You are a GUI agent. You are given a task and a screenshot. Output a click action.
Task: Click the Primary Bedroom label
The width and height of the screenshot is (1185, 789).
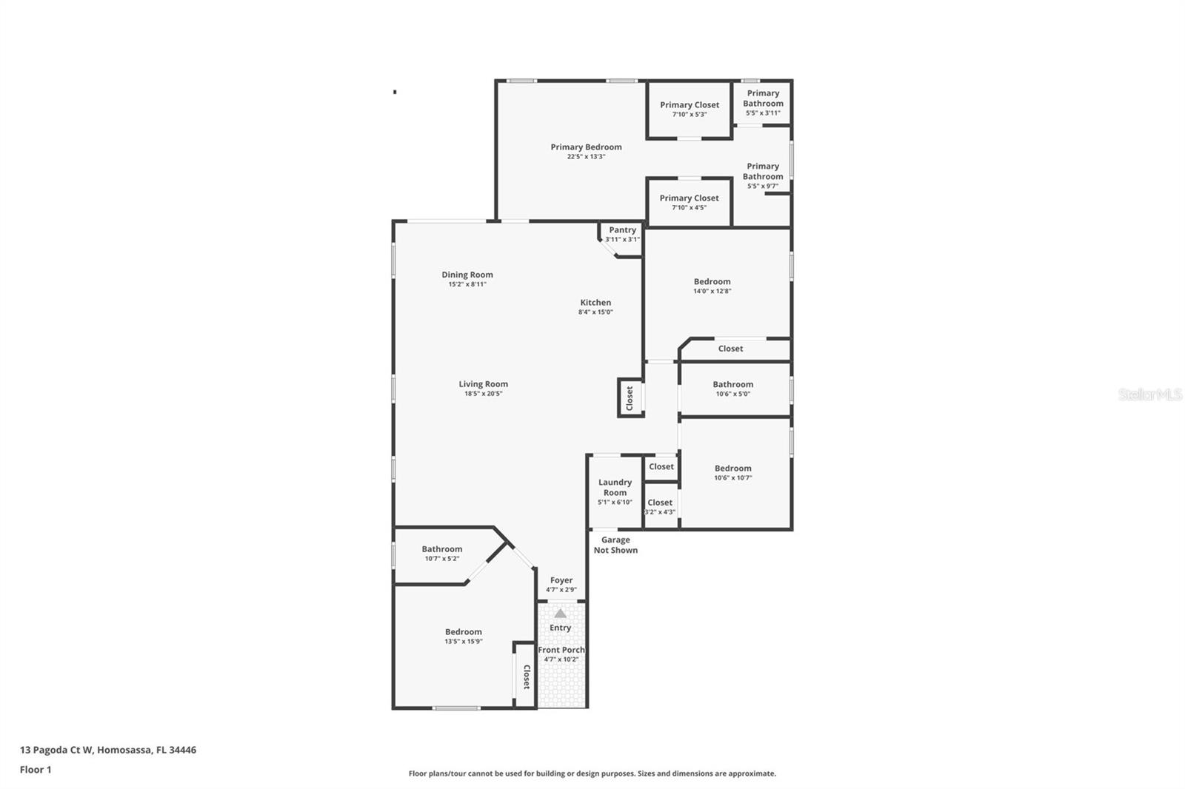click(586, 147)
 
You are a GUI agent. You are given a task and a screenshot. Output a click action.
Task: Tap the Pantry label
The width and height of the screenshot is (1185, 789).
click(622, 230)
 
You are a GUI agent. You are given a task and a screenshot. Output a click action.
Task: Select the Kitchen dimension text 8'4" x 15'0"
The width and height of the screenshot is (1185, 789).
click(595, 312)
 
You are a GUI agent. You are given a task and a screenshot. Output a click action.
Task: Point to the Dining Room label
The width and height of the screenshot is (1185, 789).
click(467, 275)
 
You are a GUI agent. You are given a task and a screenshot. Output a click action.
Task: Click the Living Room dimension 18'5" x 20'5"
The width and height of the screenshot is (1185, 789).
click(483, 394)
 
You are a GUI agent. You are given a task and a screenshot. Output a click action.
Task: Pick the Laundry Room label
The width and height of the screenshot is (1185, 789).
click(615, 487)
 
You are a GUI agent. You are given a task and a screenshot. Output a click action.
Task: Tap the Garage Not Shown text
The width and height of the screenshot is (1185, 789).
click(615, 545)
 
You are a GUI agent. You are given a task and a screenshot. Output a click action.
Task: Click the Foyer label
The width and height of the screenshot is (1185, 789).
click(561, 580)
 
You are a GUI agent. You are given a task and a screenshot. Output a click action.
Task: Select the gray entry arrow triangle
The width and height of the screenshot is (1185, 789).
click(561, 613)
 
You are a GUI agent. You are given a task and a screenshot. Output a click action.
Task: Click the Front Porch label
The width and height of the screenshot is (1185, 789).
click(561, 650)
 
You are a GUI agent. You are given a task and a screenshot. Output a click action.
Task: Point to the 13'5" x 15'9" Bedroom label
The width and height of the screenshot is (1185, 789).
click(464, 632)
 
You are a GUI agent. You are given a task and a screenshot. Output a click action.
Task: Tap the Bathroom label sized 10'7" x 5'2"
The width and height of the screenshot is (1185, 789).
click(442, 549)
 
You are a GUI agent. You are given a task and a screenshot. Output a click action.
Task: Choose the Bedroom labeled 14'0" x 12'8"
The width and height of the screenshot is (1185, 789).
click(712, 281)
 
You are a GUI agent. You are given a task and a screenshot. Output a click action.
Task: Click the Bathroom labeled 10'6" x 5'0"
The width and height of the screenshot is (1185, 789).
click(732, 384)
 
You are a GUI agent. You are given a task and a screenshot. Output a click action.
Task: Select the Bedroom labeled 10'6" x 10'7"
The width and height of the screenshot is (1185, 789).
click(732, 468)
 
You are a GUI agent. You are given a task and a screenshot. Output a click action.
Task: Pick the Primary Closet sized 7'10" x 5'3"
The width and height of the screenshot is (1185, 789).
click(690, 105)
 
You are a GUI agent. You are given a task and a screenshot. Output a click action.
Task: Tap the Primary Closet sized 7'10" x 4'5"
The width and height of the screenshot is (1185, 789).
click(689, 198)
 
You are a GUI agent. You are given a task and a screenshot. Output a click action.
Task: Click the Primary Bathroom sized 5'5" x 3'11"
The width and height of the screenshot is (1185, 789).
click(763, 98)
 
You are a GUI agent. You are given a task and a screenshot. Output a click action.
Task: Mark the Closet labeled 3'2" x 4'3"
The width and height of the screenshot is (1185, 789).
click(660, 503)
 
